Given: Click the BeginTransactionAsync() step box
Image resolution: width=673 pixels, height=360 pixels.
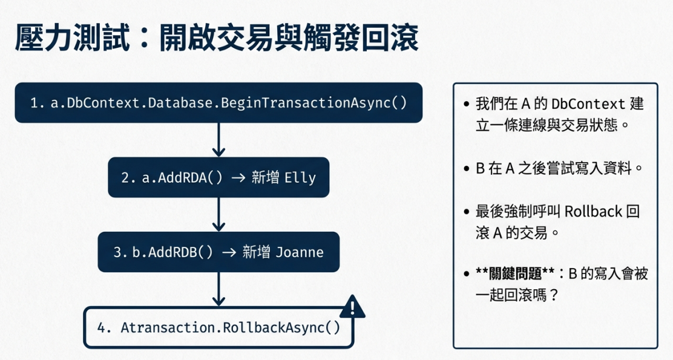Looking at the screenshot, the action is (218, 103).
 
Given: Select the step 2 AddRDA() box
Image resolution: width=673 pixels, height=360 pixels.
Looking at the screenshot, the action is (218, 177).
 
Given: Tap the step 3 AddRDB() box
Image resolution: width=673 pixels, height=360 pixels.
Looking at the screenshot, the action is (218, 252).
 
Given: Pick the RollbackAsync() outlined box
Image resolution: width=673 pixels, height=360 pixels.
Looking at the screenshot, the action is (218, 328).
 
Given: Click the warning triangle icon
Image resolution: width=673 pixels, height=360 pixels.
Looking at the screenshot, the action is (352, 307).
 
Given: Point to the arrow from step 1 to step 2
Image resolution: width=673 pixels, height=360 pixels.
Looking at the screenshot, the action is (218, 140).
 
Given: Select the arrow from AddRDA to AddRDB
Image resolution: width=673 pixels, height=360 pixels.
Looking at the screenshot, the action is (218, 215).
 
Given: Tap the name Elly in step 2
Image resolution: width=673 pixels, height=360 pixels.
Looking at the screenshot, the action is (299, 178).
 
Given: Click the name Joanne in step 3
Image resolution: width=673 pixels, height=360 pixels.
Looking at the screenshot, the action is (299, 252).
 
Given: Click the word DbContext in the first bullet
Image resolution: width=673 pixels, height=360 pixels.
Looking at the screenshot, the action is (582, 104).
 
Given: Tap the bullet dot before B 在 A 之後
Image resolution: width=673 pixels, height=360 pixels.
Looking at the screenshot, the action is (467, 169).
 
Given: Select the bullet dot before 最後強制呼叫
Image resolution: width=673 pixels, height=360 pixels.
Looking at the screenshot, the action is (467, 212).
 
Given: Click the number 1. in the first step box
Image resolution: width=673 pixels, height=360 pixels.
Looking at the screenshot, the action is (38, 103).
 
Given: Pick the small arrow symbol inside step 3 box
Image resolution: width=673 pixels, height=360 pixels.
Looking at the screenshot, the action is (229, 252).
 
